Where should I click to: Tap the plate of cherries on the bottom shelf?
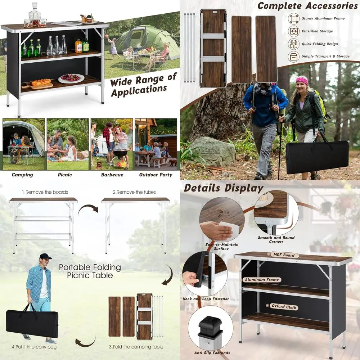pyautogui.click(x=71, y=78)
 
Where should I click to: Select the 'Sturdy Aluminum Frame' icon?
pyautogui.click(x=294, y=18)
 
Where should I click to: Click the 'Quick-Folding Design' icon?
pyautogui.click(x=294, y=44)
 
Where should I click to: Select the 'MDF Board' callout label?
pyautogui.click(x=284, y=255)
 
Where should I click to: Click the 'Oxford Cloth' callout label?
pyautogui.click(x=284, y=307)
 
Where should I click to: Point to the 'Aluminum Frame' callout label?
pyautogui.click(x=261, y=280)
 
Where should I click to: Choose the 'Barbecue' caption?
pyautogui.click(x=112, y=175)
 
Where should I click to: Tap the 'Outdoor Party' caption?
pyautogui.click(x=156, y=175)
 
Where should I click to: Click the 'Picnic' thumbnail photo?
pyautogui.click(x=68, y=144)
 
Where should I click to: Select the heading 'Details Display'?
pyautogui.click(x=224, y=188)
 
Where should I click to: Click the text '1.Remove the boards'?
pyautogui.click(x=45, y=192)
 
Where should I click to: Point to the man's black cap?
pyautogui.click(x=45, y=256)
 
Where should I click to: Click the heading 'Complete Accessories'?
pyautogui.click(x=307, y=6)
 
